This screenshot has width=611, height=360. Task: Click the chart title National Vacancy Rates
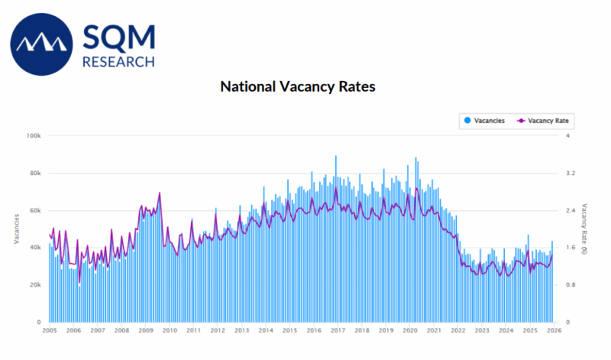(298, 86)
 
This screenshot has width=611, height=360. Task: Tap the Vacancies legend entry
(483, 121)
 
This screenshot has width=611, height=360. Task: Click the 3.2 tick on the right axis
(569, 173)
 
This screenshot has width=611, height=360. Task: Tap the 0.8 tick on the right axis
(569, 285)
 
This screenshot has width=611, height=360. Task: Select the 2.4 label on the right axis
(569, 210)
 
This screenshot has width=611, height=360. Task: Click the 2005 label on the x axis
(50, 331)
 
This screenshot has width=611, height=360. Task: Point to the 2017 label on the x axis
(338, 331)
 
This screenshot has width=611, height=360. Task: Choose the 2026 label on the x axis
(554, 331)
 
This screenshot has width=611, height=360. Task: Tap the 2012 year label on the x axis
(218, 331)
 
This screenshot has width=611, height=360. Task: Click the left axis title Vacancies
(16, 229)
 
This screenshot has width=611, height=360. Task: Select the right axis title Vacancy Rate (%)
(585, 229)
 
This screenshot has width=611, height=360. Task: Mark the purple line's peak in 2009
(160, 193)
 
